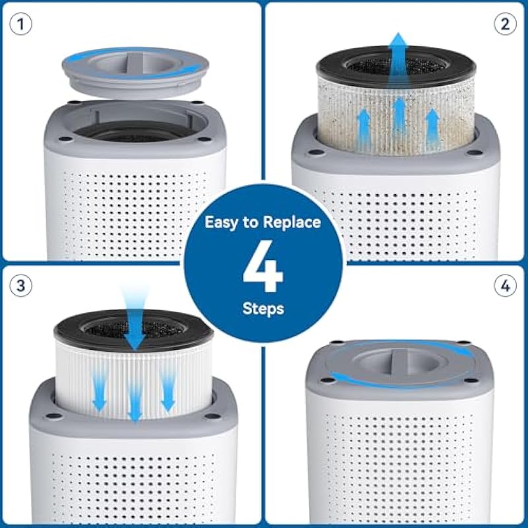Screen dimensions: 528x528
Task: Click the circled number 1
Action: click(21, 24)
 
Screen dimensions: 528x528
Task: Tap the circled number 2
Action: click(505, 24)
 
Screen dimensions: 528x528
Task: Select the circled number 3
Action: click(21, 286)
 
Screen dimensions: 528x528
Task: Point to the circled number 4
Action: click(505, 286)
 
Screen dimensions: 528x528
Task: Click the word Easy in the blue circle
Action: click(224, 222)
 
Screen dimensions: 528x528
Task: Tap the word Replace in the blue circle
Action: click(292, 222)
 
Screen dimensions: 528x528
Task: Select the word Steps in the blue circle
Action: click(263, 308)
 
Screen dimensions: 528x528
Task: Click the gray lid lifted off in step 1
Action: click(135, 73)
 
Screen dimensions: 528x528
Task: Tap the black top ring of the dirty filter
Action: click(397, 65)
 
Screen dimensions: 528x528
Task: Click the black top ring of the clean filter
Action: click(134, 329)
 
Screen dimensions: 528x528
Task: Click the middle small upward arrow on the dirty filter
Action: click(399, 114)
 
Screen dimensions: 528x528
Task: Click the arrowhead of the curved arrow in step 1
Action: click(192, 69)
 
